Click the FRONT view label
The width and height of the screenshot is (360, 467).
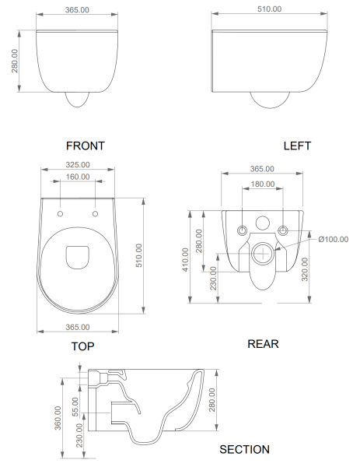click(86, 145)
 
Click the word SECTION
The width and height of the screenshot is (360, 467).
click(244, 449)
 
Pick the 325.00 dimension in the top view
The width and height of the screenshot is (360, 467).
click(76, 165)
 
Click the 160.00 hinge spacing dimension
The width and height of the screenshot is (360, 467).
click(76, 177)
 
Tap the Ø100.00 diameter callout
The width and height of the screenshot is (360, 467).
click(333, 239)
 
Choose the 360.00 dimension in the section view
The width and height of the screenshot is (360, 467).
click(56, 417)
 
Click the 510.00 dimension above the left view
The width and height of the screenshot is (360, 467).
click(267, 9)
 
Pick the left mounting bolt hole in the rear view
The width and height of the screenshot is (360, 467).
click(241, 230)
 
